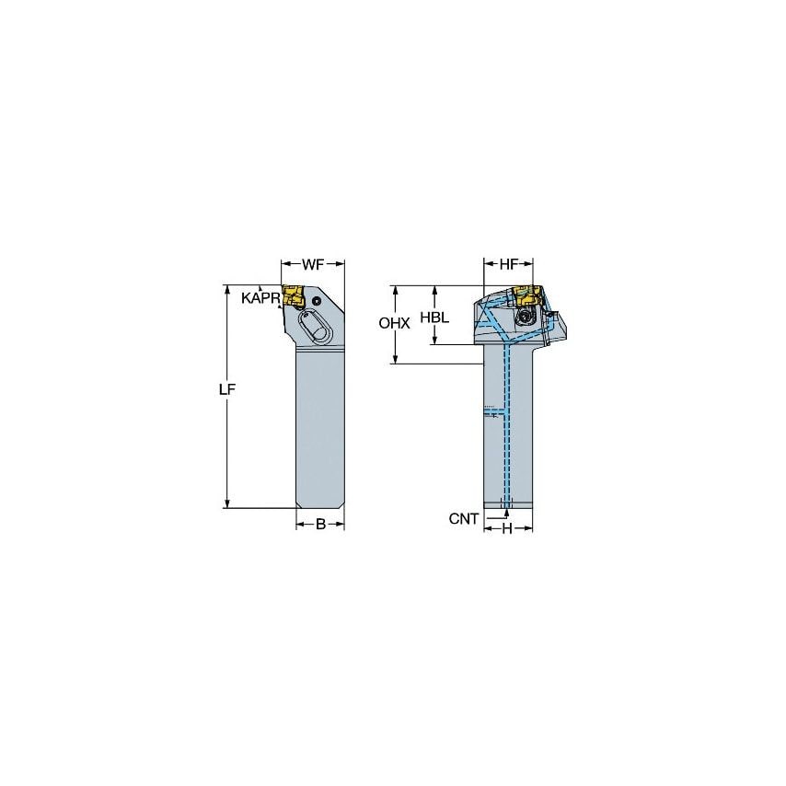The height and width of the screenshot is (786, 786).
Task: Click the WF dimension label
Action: click(312, 265)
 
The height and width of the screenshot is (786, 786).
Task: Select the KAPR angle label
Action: click(260, 298)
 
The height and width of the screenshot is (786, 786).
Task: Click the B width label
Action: click(319, 525)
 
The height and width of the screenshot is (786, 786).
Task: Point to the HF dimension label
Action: click(509, 265)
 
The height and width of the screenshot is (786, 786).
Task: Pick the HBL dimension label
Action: click(434, 316)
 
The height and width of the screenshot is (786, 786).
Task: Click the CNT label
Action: click(464, 519)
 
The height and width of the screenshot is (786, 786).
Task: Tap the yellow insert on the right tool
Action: click(525, 296)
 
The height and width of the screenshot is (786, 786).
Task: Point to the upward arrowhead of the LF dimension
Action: click(227, 288)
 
